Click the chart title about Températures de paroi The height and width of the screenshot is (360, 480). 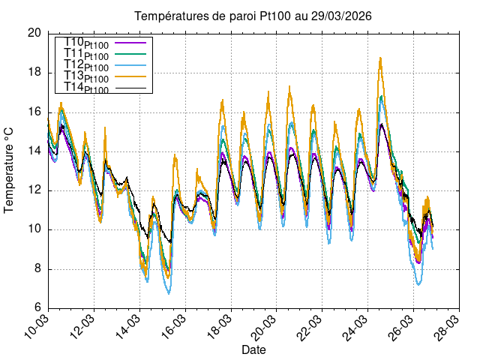tap(253, 16)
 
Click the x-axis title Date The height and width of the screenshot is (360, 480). tap(253, 350)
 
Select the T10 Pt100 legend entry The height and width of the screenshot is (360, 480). tap(86, 43)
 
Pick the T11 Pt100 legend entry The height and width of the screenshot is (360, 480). tap(86, 55)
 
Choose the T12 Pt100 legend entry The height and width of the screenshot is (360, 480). tap(86, 67)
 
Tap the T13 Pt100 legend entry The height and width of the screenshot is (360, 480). tap(86, 78)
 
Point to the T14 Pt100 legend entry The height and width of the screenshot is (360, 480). tap(86, 89)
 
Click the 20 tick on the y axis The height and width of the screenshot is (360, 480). tap(34, 33)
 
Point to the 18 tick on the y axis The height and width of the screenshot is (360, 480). tap(34, 73)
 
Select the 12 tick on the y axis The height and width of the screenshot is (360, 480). tap(34, 190)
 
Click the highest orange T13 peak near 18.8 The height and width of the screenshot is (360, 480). tap(381, 58)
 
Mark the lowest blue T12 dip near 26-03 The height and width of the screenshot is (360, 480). tap(418, 284)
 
